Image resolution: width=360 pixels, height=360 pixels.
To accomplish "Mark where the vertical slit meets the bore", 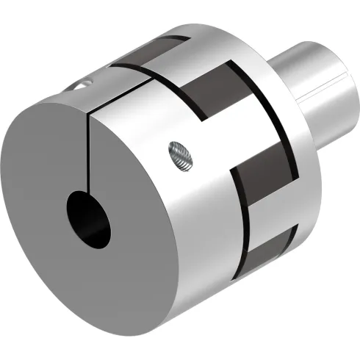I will coord(88,192).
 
